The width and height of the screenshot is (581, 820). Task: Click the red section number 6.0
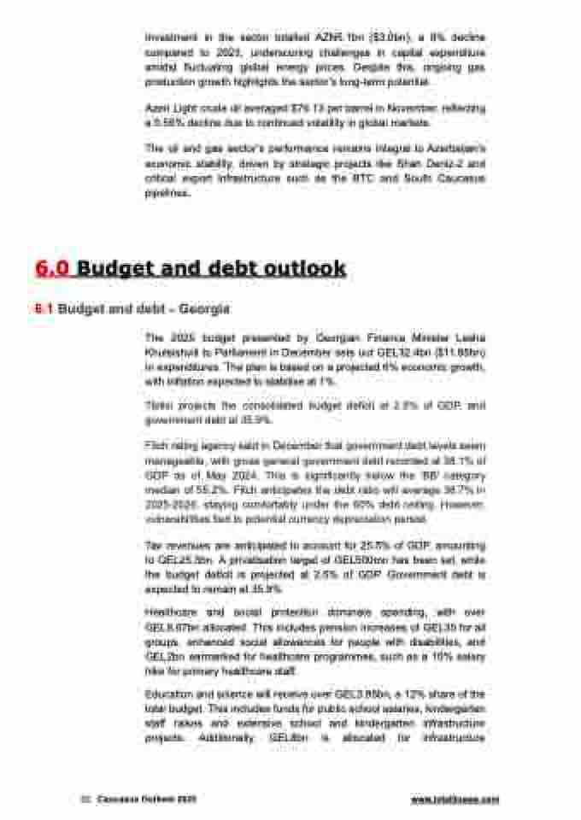click(x=54, y=268)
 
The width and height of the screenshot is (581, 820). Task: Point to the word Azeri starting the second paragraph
click(x=158, y=110)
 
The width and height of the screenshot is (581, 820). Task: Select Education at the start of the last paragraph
click(x=167, y=694)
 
